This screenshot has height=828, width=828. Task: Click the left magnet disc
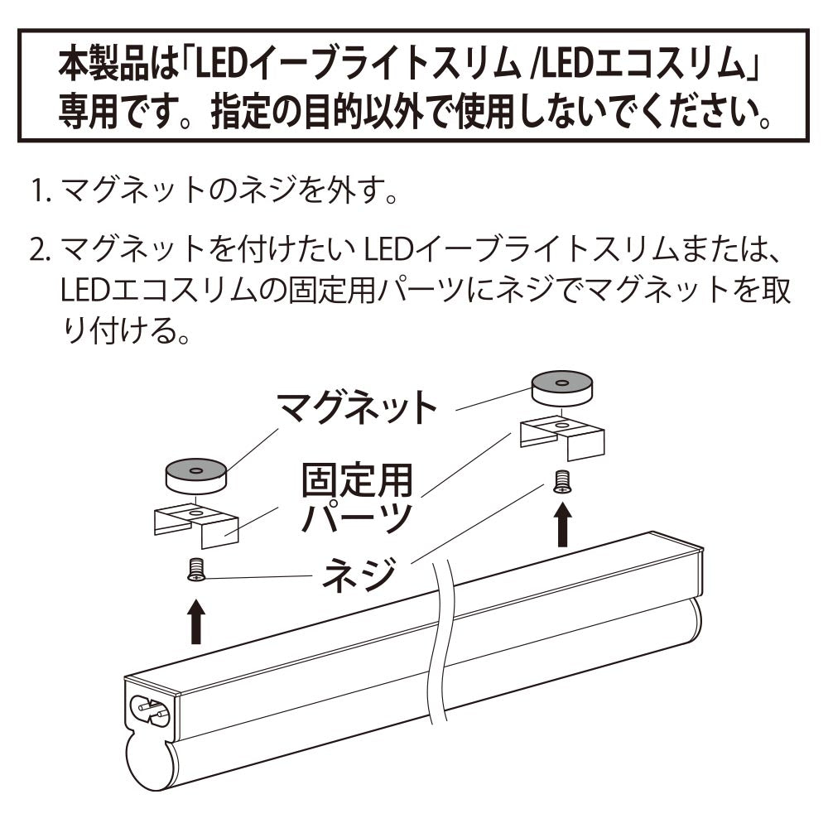click(x=195, y=476)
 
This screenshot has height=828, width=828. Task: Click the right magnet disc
click(x=562, y=389)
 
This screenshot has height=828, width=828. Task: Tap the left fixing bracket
click(x=196, y=527)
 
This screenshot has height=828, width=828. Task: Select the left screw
click(x=196, y=570)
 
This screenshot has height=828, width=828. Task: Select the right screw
click(x=562, y=482)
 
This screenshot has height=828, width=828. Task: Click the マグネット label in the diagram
click(x=358, y=407)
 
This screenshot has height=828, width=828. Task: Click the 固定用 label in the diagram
click(x=357, y=480)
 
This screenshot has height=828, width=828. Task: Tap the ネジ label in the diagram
click(x=359, y=575)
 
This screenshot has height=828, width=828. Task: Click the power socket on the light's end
click(x=149, y=710)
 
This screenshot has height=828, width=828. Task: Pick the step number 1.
click(x=41, y=190)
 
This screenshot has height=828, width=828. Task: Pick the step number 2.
click(x=39, y=251)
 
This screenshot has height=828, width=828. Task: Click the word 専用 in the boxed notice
click(x=88, y=112)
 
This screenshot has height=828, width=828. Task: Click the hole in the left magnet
click(x=196, y=470)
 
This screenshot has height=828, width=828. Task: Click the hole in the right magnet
click(x=562, y=383)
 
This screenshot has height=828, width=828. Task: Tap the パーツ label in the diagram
click(x=357, y=517)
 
